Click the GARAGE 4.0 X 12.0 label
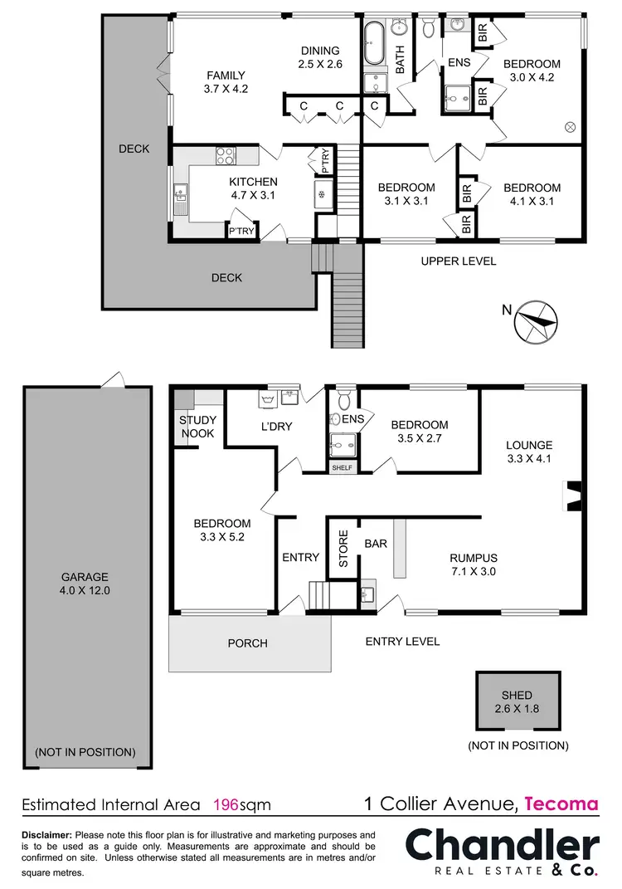point(85,584)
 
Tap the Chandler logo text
point(502,847)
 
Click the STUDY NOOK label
point(197,427)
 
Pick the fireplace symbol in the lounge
point(572,496)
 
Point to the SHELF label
point(342,468)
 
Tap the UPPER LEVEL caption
point(459,261)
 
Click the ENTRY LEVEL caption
point(402,642)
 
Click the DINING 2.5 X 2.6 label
point(320,56)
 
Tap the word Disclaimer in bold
point(46,834)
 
